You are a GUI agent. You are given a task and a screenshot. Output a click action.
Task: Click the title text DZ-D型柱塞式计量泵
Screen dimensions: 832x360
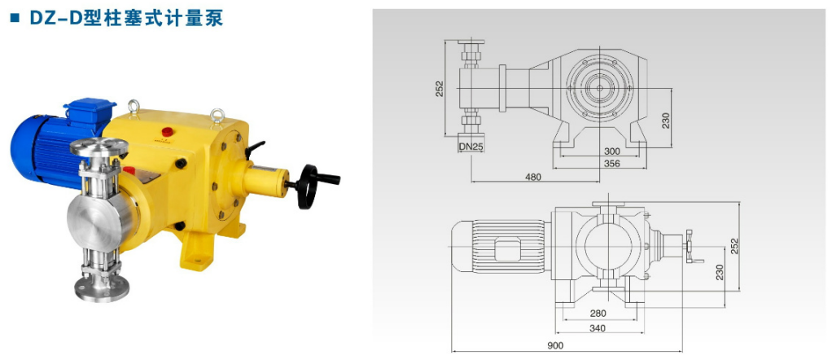126,18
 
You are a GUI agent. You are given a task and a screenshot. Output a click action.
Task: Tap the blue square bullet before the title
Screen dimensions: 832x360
15,18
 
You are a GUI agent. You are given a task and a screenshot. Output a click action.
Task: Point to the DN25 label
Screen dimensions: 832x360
471,147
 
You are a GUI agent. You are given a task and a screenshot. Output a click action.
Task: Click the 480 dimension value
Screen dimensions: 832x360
534,177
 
